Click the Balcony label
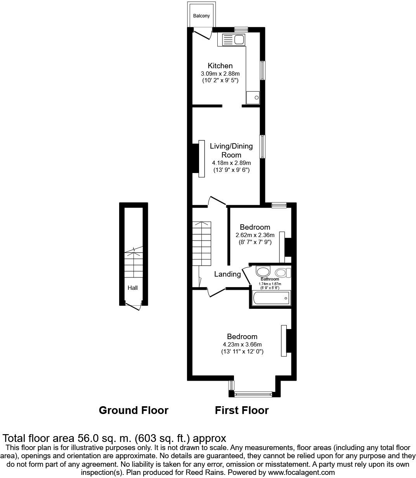201,16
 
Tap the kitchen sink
233,39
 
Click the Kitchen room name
220,66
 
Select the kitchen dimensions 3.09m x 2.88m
220,74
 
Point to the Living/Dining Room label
231,151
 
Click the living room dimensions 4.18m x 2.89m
231,163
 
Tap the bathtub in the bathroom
271,298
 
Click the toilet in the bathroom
283,272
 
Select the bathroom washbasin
263,271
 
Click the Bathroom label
270,279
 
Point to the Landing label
227,274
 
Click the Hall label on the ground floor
132,288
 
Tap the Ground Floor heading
133,410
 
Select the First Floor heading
242,410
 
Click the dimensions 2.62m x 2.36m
255,235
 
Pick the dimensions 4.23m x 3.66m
242,345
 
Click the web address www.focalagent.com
302,473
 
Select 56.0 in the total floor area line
88,438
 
